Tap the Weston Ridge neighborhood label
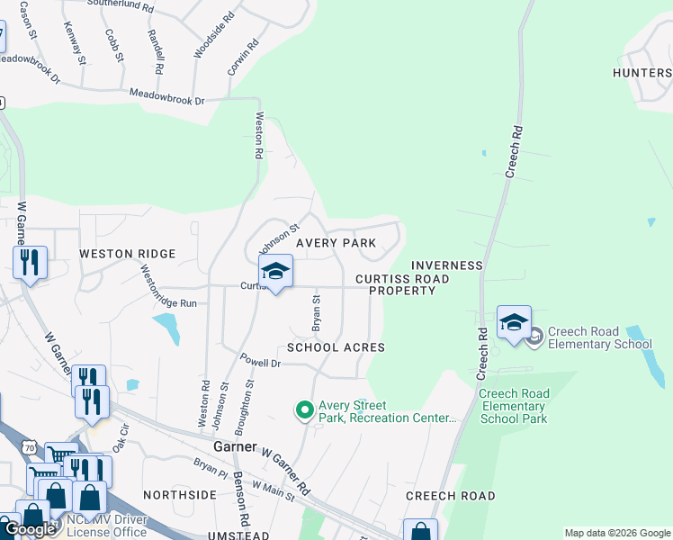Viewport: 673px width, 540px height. [127, 254]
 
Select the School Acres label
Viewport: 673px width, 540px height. [336, 347]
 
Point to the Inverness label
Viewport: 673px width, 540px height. [447, 265]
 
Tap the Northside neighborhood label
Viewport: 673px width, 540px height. [180, 495]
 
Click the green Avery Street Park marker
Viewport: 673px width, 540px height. [304, 410]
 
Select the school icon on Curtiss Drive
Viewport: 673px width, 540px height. [275, 270]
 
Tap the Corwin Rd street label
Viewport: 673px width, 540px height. [243, 55]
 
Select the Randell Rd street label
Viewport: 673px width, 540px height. [156, 50]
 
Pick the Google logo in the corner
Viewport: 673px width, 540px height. [29, 529]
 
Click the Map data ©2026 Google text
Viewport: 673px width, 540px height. [617, 533]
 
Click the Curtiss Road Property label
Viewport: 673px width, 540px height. [402, 284]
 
